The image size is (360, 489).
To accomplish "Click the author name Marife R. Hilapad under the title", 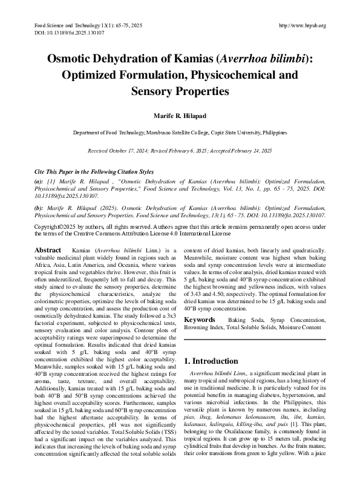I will coord(180,116).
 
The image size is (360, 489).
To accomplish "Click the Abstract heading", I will coord(47,250).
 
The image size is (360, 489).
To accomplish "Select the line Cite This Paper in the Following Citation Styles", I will coord(93,172).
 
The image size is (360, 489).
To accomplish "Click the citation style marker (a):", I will coord(38,182).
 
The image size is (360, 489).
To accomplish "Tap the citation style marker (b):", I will coord(38,207).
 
